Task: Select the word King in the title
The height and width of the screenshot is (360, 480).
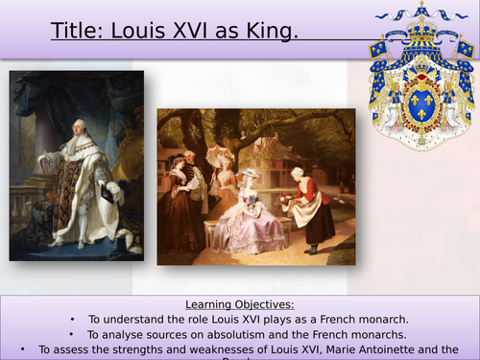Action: [x=272, y=34]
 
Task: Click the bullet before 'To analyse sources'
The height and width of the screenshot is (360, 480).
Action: [x=72, y=334]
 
